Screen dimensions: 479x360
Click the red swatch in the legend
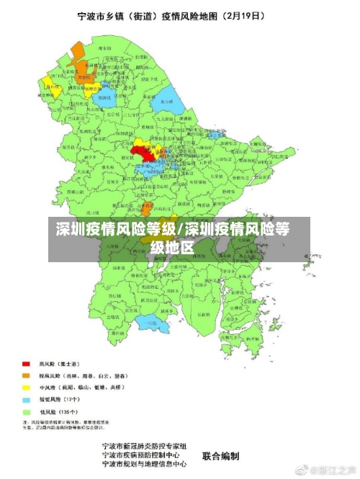pyautogui.click(x=26, y=364)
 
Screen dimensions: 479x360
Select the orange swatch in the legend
pyautogui.click(x=26, y=375)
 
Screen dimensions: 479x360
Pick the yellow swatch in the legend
pyautogui.click(x=26, y=387)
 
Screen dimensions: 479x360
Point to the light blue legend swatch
pyautogui.click(x=26, y=398)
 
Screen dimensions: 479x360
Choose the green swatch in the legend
pyautogui.click(x=26, y=410)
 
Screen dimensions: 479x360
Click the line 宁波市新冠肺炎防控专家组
pyautogui.click(x=144, y=447)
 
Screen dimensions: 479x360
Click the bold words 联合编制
pyautogui.click(x=220, y=455)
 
